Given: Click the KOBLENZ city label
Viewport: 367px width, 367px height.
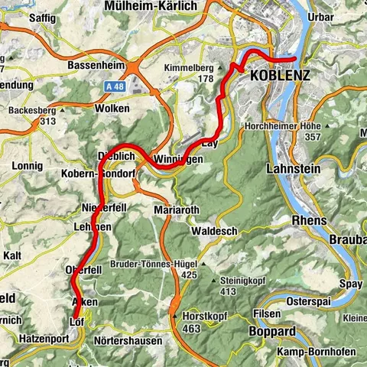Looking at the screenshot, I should pyautogui.click(x=280, y=76).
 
